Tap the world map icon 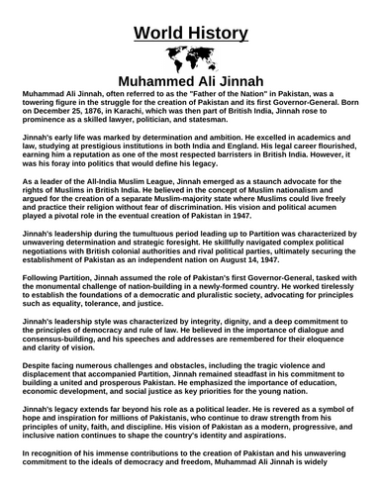coord(190,55)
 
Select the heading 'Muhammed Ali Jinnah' coord(190,78)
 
